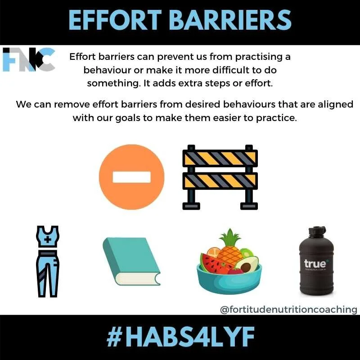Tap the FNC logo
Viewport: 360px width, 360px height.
pos(28,59)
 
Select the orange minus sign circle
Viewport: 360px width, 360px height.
pos(131,176)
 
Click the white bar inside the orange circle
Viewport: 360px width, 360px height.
pos(131,176)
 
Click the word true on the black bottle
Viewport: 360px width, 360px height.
pos(315,264)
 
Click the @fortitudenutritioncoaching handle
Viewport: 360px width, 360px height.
pos(288,310)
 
